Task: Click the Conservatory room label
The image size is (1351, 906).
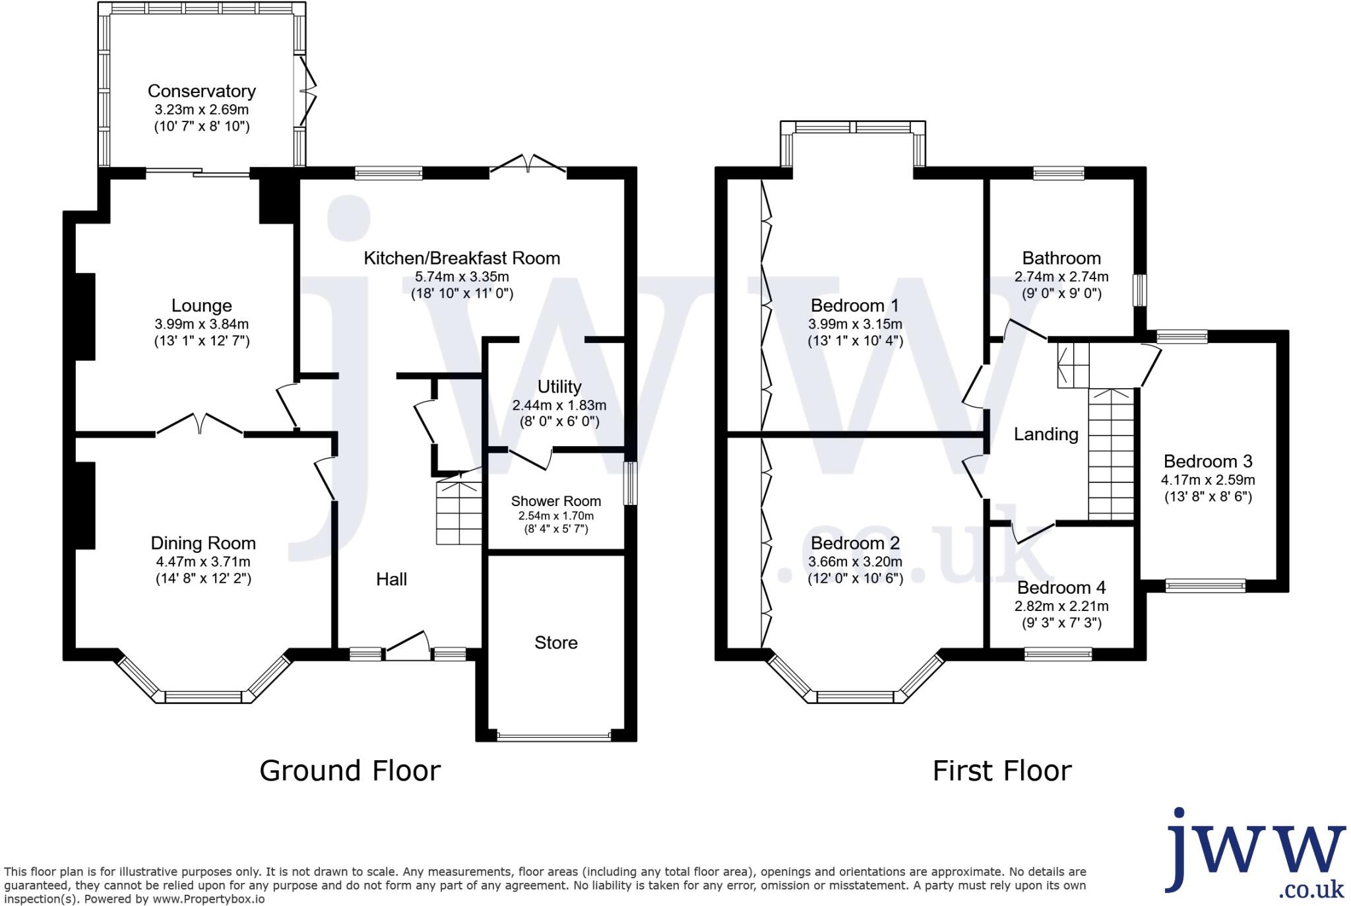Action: point(201,91)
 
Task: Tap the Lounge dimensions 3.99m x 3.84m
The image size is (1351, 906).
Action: point(201,324)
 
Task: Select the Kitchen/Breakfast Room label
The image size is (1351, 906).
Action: point(462,258)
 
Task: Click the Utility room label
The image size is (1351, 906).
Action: point(559,387)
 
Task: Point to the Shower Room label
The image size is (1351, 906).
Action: point(555,502)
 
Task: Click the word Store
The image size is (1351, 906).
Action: point(555,643)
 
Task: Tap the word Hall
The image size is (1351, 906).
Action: point(391,579)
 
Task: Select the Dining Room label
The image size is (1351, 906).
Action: point(203,543)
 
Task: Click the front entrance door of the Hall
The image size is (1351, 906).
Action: point(407,646)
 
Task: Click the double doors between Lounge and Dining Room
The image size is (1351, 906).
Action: point(200,424)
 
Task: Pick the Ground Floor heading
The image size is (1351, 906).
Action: point(350,771)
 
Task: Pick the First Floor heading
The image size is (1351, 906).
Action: point(1001,771)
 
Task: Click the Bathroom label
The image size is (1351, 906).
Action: point(1061,258)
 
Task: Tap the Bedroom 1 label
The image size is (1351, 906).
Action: point(854,306)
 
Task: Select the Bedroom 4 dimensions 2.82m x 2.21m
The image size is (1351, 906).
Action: point(1061,606)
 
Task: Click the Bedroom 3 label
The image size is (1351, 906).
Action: point(1207,461)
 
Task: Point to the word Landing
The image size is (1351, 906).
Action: point(1046,434)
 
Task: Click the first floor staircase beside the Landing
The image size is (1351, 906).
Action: point(1111,455)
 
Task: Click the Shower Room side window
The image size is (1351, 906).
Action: point(631,483)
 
